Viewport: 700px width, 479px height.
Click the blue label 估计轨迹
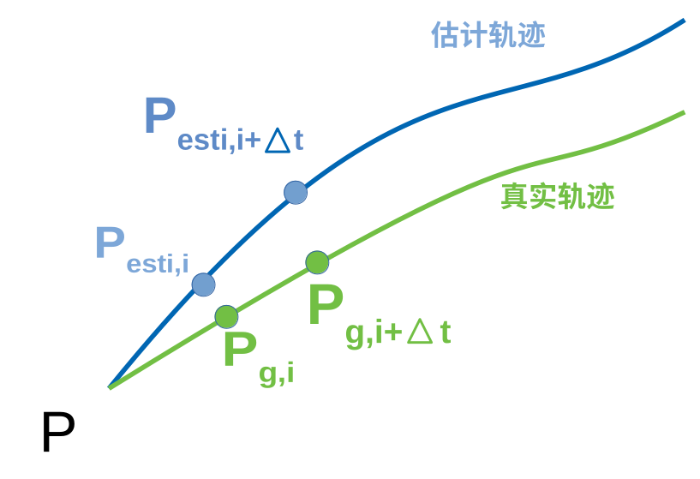[x=488, y=36]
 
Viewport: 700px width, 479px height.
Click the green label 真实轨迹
[x=557, y=197]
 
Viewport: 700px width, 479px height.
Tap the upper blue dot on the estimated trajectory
[x=296, y=193]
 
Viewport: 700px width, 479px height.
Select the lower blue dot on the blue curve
[x=203, y=284]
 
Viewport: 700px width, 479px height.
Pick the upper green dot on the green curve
[x=317, y=262]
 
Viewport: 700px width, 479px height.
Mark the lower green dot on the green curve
[x=226, y=316]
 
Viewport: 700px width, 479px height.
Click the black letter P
[x=57, y=433]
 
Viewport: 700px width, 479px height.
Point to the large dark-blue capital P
[x=159, y=115]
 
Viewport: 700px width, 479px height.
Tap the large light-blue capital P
[x=110, y=242]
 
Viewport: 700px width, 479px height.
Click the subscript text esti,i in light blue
[x=158, y=264]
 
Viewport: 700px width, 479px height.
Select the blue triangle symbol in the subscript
[x=278, y=140]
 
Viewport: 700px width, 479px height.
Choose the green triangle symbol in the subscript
[x=420, y=332]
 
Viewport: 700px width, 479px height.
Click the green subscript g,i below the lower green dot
[x=276, y=374]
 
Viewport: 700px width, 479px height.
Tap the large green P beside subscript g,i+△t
[x=325, y=305]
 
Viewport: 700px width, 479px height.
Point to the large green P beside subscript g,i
[x=239, y=350]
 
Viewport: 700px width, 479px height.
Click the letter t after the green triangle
[x=445, y=332]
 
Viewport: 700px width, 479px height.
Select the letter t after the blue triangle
[x=298, y=141]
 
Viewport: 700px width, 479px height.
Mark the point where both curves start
[x=111, y=387]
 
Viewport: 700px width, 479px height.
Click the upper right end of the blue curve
[x=683, y=21]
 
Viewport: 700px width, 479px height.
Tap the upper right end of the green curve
[x=683, y=113]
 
